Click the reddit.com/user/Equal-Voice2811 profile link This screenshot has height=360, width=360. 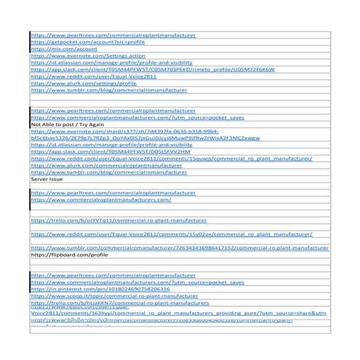(x=93, y=76)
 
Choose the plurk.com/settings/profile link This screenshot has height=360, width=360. (x=83, y=83)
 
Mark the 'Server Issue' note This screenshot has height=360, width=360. (x=47, y=178)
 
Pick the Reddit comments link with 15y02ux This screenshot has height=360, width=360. (x=171, y=235)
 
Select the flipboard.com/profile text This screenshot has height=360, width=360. (x=69, y=255)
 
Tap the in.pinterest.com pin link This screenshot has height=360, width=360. (x=101, y=289)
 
